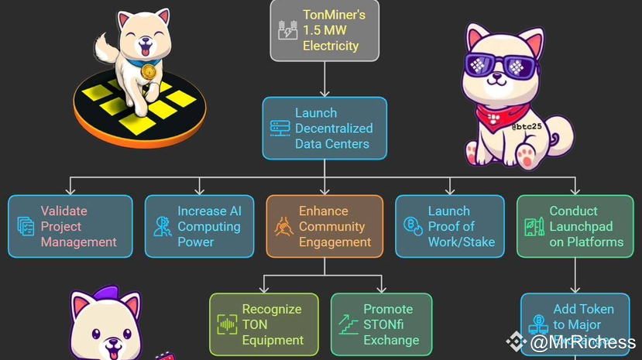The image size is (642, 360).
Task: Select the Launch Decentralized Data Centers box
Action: pyautogui.click(x=324, y=128)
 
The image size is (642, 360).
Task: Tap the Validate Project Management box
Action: pyautogui.click(x=70, y=226)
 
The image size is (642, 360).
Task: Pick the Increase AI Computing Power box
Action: pyautogui.click(x=200, y=226)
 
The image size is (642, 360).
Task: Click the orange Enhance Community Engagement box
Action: pyautogui.click(x=324, y=226)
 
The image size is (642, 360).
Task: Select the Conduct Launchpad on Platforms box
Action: pyautogui.click(x=575, y=226)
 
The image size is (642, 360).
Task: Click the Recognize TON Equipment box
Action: pyautogui.click(x=264, y=324)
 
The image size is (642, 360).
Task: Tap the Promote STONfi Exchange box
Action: pyautogui.click(x=382, y=324)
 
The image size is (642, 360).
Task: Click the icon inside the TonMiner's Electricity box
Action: pyautogui.click(x=287, y=30)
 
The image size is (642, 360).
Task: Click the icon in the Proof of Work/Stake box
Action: pyautogui.click(x=412, y=227)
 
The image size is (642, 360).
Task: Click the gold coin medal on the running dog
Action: pyautogui.click(x=148, y=73)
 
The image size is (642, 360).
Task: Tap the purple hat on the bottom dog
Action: pyautogui.click(x=97, y=299)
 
